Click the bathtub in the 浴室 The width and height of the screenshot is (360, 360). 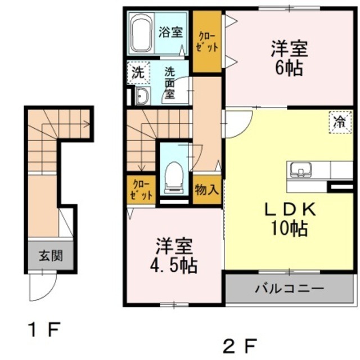[141, 33]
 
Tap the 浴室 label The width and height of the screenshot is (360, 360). [171, 32]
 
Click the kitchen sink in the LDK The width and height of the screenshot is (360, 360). [301, 170]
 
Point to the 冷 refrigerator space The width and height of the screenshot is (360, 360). [340, 122]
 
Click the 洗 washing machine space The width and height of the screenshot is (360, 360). [138, 73]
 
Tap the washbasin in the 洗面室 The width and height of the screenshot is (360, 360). [142, 96]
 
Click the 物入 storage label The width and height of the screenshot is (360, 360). [206, 190]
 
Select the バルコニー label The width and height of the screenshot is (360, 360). [289, 288]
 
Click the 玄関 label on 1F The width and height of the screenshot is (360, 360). [51, 255]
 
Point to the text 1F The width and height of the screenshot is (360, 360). [44, 330]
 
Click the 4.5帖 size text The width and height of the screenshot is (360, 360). [174, 265]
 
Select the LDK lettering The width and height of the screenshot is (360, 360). [290, 210]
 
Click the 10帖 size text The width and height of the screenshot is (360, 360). [289, 228]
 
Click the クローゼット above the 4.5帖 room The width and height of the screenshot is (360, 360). [141, 190]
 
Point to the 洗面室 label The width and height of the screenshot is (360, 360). [170, 83]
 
